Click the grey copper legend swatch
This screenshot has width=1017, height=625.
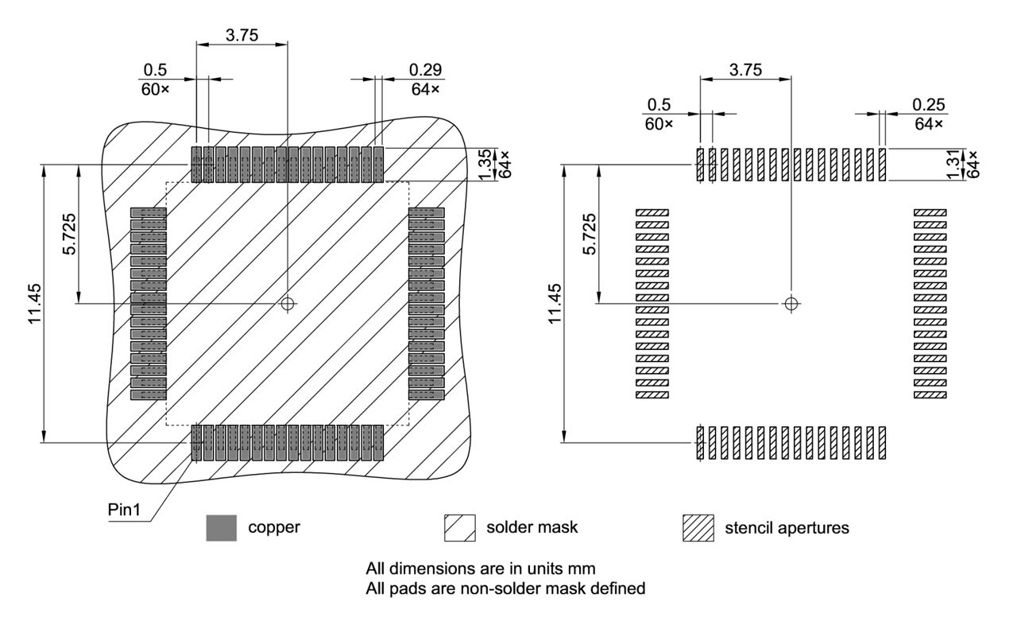[x=221, y=528]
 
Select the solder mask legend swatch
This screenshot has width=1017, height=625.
[x=459, y=528]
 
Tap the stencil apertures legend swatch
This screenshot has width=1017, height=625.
[x=698, y=528]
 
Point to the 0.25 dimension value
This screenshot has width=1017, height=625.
[x=928, y=104]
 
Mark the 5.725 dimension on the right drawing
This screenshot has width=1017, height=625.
[x=589, y=234]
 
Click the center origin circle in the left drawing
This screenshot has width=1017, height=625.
[x=288, y=303]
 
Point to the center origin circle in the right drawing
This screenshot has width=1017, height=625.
[x=790, y=303]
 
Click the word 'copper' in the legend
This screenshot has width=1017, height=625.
[x=274, y=527]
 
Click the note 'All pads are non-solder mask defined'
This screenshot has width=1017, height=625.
[x=505, y=589]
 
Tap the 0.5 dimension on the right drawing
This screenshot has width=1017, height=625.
[x=659, y=104]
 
